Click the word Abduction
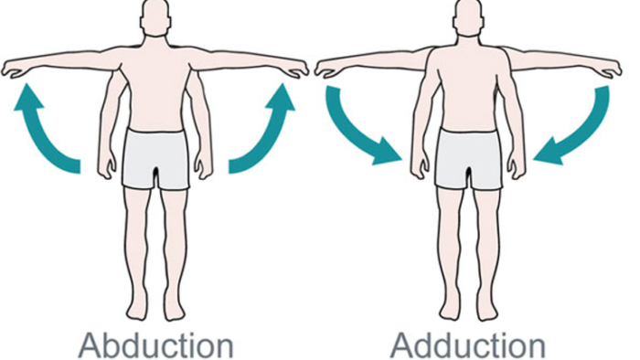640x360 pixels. [x=155, y=344]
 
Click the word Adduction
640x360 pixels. [x=468, y=344]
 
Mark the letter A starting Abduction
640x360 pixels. [x=90, y=344]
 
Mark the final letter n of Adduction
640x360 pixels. [x=536, y=347]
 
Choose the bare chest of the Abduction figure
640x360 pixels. [x=156, y=78]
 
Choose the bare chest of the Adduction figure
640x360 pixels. [x=468, y=78]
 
